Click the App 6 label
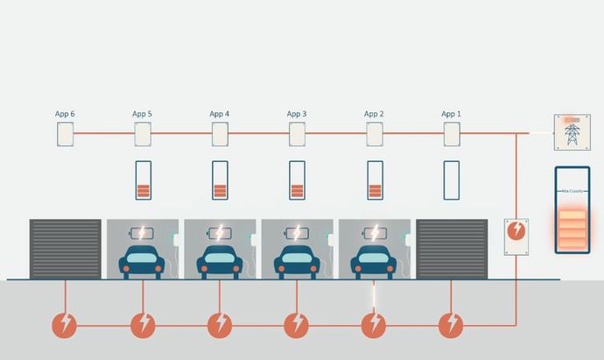coord(65,114)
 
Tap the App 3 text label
coord(297,114)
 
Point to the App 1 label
coord(451,114)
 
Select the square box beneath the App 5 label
coord(143,134)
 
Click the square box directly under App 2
coord(375,134)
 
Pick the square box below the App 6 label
coord(66,134)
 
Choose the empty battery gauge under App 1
coord(452,180)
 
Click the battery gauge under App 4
coord(220,180)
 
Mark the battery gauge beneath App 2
coord(375,180)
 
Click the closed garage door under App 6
coord(66,249)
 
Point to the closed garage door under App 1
coord(451,249)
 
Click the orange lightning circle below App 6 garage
coord(66,325)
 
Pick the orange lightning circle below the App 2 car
coord(375,325)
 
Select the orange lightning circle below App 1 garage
coord(452,325)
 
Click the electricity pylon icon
coord(572,132)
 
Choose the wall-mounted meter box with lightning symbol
coord(516,236)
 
